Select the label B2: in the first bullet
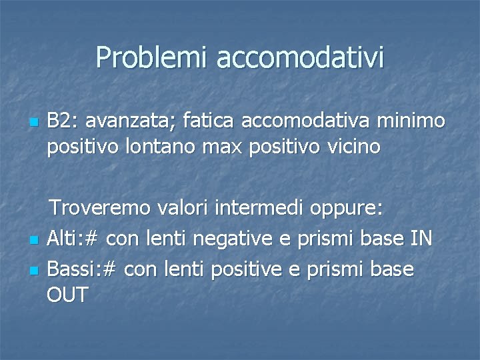coord(63,121)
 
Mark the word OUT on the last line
coord(68,295)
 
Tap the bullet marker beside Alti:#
coord(33,240)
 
